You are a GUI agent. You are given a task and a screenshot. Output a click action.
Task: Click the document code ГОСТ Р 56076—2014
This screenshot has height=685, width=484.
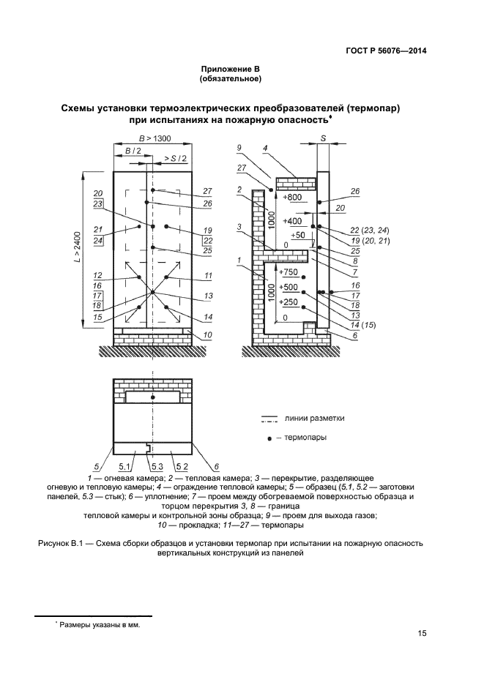pos(386,50)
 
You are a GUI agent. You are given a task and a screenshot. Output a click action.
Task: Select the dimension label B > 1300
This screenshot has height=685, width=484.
pos(154,139)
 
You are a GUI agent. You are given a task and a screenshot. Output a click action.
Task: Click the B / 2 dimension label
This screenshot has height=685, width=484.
pos(133,151)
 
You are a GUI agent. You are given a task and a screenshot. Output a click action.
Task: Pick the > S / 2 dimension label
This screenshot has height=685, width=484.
pos(175,159)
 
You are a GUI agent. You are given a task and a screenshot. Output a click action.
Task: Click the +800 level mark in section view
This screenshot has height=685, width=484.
pos(292,197)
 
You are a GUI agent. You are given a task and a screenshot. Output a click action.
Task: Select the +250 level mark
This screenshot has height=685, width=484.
pos(288,302)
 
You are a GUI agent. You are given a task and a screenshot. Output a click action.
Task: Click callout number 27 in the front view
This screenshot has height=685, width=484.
pos(208,191)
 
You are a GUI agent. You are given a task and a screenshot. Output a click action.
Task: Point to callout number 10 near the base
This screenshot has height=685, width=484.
pos(208,335)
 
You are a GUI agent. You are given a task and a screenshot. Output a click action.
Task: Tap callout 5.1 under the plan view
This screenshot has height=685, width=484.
pos(124,467)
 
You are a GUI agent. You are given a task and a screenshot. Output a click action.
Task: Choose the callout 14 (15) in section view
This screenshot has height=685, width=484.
pos(363,325)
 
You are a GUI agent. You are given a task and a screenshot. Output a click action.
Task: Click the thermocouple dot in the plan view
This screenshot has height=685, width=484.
pos(152,397)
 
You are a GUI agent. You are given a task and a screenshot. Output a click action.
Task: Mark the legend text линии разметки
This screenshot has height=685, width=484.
pos(314,418)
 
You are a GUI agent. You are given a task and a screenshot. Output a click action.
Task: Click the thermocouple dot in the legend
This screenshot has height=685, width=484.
pos(269,438)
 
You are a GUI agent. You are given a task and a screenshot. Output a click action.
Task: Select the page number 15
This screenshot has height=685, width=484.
pos(422,633)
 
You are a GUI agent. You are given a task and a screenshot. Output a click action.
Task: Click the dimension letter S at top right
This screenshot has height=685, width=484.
pos(323,138)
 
